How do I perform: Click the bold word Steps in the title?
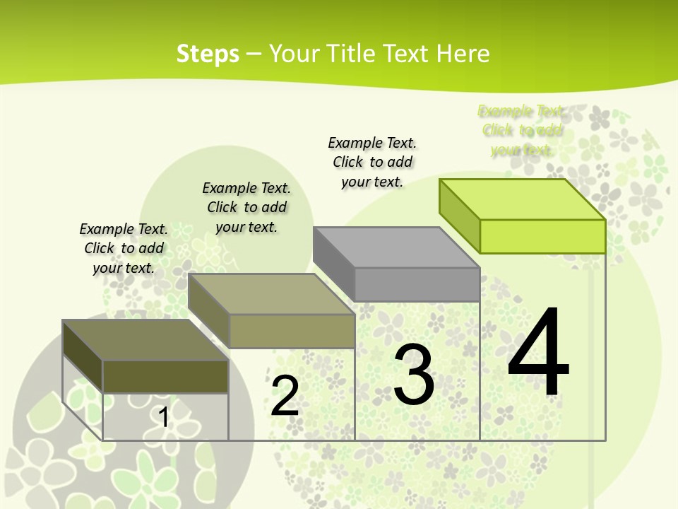click(208, 54)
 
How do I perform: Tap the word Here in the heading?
click(463, 54)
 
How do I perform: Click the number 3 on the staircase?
click(414, 375)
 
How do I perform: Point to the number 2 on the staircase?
click(285, 397)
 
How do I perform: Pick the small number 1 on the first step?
click(163, 418)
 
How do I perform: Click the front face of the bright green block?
click(542, 236)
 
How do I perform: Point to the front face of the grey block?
click(417, 284)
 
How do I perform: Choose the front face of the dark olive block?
click(165, 377)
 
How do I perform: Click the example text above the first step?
click(124, 248)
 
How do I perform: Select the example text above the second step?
click(246, 207)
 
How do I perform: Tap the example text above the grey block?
click(372, 162)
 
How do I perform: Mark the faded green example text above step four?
click(522, 130)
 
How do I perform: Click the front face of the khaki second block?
click(292, 331)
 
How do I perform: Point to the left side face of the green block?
click(460, 216)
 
